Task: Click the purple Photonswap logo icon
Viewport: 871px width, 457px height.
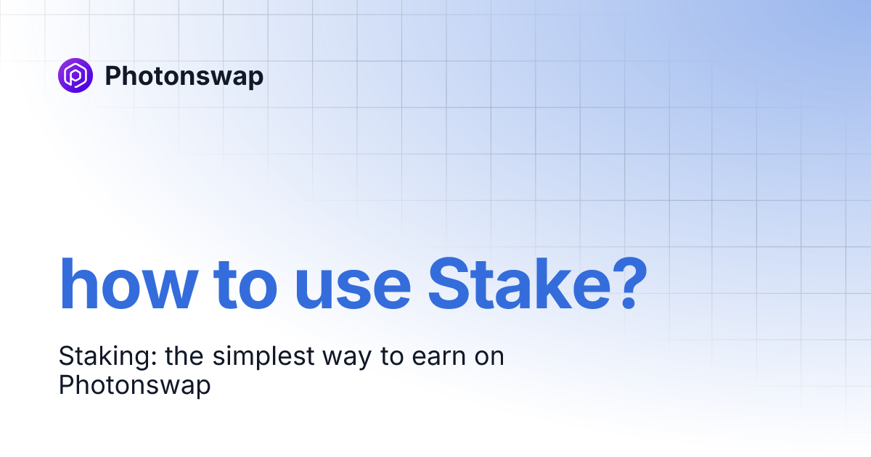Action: point(75,75)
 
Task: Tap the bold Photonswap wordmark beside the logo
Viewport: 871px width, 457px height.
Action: point(184,75)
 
